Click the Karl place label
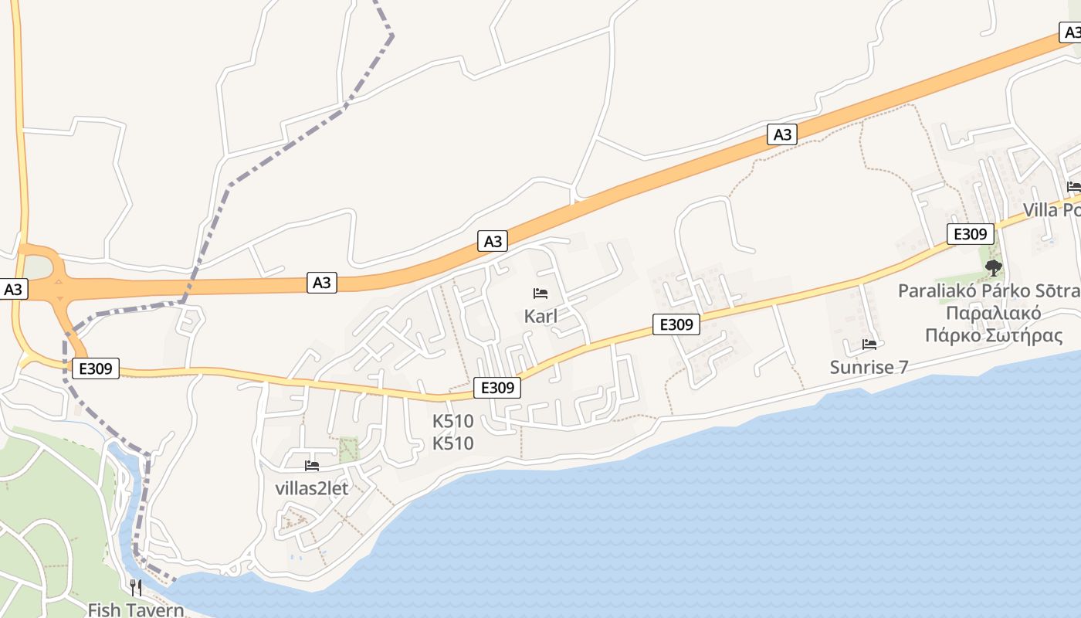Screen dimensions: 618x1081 [x=540, y=316]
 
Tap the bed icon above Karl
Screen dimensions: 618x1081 [x=540, y=294]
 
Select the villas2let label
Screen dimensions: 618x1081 [x=312, y=488]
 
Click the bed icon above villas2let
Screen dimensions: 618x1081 [x=312, y=465]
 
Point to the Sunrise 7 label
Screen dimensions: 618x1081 [x=869, y=367]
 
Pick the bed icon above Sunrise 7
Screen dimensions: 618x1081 [x=869, y=344]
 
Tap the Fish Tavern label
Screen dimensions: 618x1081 [x=136, y=610]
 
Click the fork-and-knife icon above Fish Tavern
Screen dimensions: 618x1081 [x=136, y=587]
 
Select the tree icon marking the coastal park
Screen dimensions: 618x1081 [x=994, y=268]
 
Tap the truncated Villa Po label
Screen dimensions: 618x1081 [x=1051, y=210]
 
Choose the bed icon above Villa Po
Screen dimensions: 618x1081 [x=1073, y=186]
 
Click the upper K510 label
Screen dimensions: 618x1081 [x=452, y=422]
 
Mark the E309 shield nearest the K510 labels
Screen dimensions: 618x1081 [x=496, y=388]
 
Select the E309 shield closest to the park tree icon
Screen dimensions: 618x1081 [x=970, y=234]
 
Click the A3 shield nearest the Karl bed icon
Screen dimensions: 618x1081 [x=493, y=241]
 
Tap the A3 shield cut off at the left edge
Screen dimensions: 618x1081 [x=13, y=290]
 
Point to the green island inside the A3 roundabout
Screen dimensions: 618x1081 [x=43, y=267]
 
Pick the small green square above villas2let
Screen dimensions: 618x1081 [x=349, y=449]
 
